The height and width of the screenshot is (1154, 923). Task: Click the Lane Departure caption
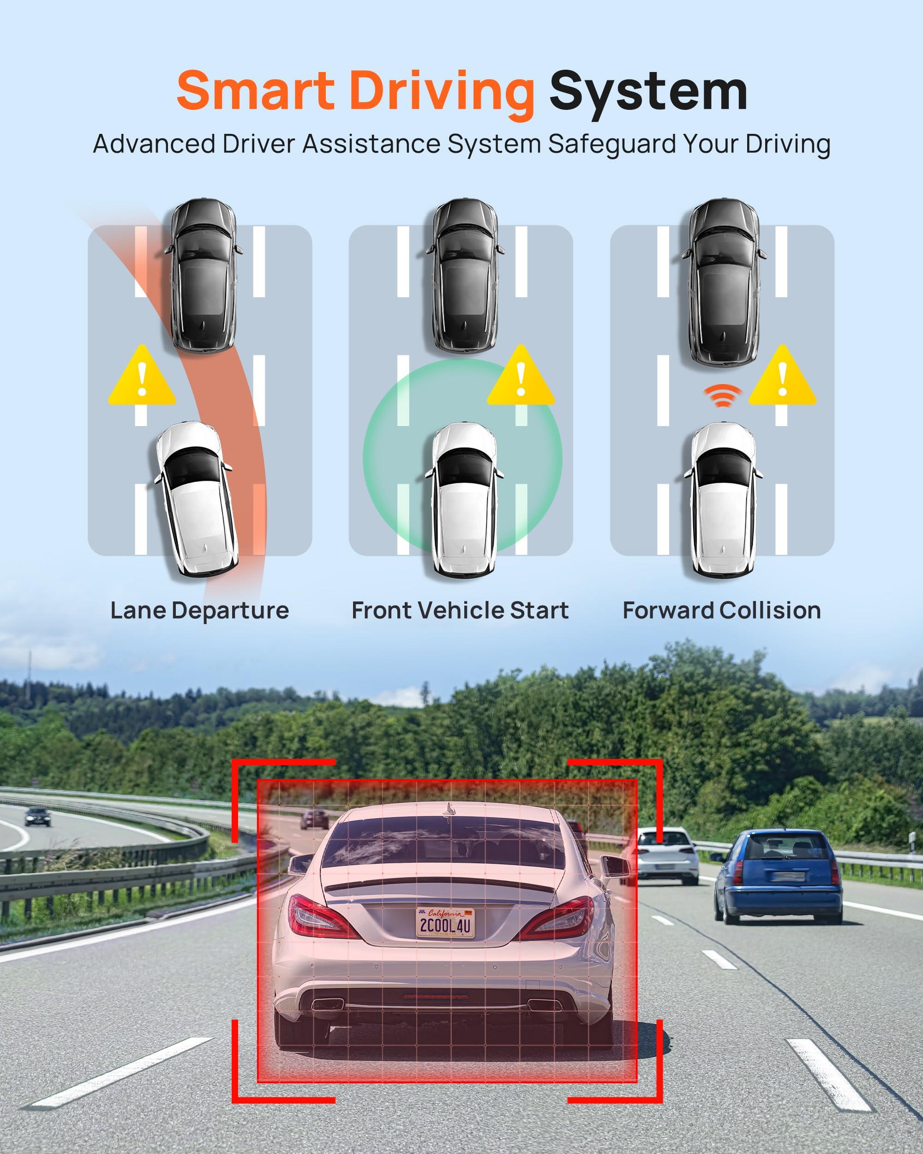[x=199, y=610]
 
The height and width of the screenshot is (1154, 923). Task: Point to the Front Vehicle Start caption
[x=460, y=610]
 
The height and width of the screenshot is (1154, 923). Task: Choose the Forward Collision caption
[x=721, y=610]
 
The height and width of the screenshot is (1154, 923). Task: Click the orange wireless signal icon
[x=722, y=395]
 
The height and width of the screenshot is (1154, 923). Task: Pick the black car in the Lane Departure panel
[x=204, y=276]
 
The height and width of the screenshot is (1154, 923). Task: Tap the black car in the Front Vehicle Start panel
[x=464, y=276]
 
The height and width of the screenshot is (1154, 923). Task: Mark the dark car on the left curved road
[x=38, y=816]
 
